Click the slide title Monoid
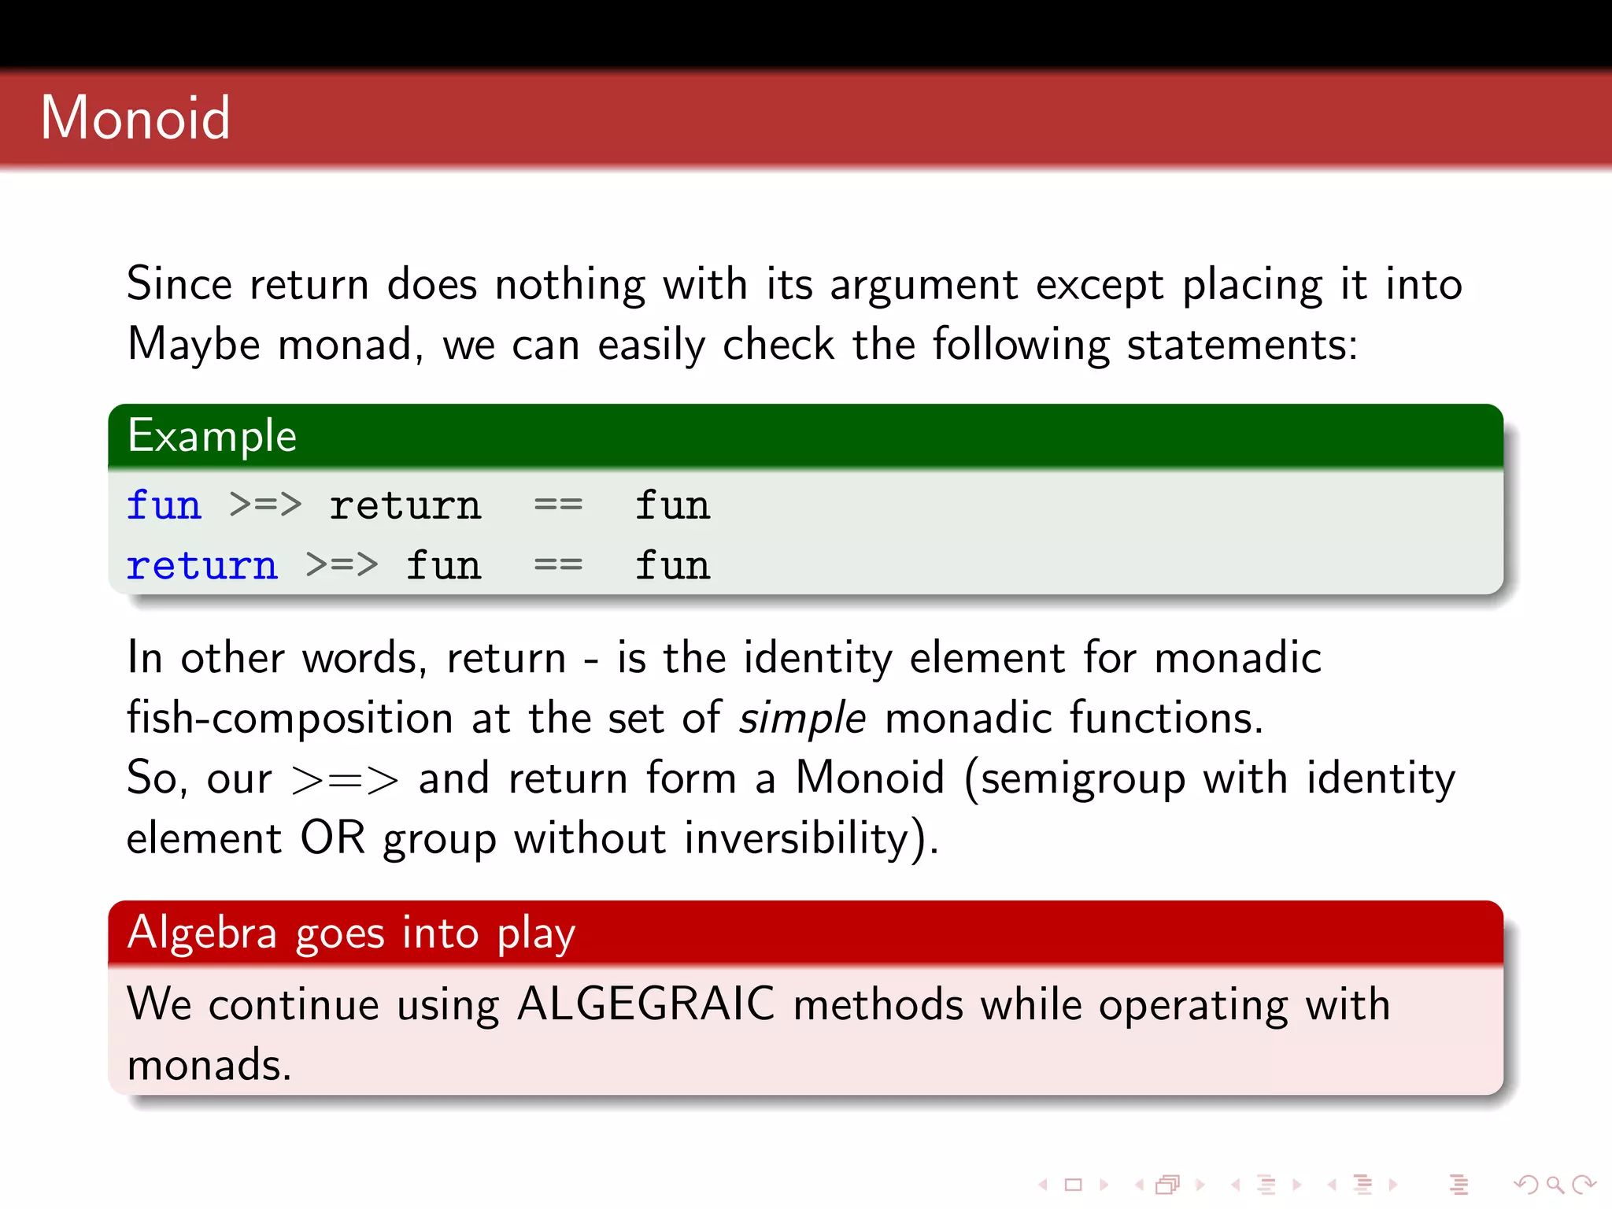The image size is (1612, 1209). coord(135,118)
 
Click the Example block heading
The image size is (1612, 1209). coord(212,436)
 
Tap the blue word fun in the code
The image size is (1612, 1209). coord(164,505)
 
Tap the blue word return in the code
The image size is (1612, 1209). coord(202,566)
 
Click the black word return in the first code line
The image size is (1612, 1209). coord(405,505)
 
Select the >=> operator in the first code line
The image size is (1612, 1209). coord(265,505)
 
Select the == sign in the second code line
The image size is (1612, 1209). coord(558,565)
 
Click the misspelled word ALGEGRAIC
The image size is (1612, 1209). coord(646,1004)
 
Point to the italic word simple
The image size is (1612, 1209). coord(802,719)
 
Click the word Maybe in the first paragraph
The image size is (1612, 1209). coord(194,345)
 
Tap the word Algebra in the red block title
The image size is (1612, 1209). coord(202,933)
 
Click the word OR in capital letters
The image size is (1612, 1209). coord(332,837)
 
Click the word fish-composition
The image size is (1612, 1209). coord(290,719)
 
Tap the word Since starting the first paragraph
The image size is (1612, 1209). coord(179,284)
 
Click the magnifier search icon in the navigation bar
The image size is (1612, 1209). coord(1554,1184)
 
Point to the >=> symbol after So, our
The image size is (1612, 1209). coord(345,779)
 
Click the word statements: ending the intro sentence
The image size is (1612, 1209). coord(1242,345)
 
